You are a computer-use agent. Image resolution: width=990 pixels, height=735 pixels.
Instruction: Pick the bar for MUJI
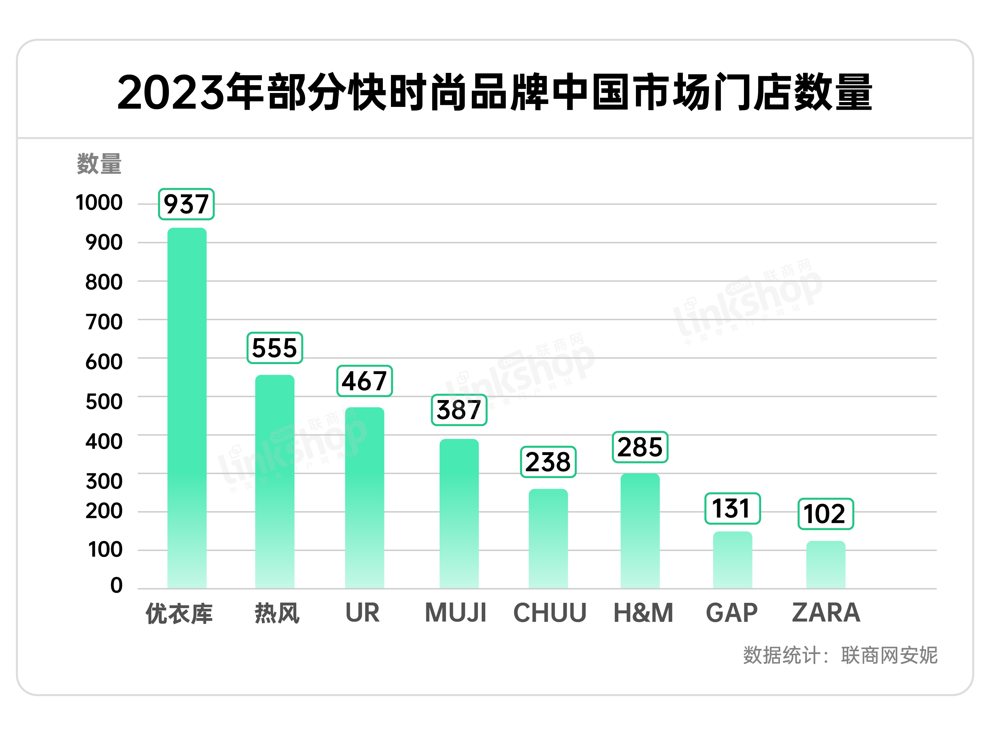coord(459,513)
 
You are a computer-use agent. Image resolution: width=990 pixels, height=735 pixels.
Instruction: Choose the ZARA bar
coord(825,565)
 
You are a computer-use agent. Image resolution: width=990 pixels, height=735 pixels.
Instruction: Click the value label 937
coord(186,204)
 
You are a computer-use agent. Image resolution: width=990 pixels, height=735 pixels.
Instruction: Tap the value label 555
coord(275,348)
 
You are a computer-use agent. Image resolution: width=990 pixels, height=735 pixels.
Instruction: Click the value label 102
coord(825,514)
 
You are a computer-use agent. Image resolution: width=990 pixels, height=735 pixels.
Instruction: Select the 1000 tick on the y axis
coord(99,202)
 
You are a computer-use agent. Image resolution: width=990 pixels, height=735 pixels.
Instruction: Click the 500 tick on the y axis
coord(104,401)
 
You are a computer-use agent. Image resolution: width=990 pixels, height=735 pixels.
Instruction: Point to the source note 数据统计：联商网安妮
coord(840,655)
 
